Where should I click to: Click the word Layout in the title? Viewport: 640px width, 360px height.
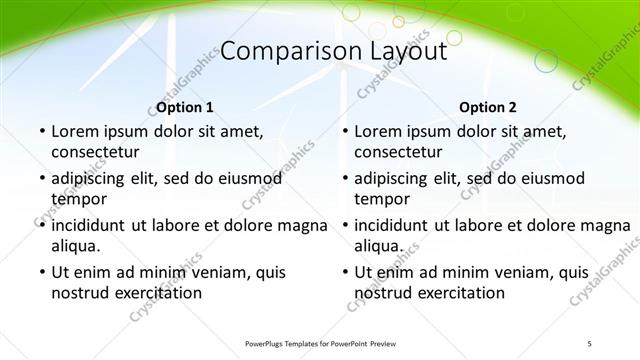[x=396, y=52]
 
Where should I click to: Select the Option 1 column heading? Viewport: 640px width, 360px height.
[x=185, y=107]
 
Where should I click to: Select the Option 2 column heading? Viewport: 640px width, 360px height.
[x=489, y=107]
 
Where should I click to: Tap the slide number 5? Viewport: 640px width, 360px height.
[x=589, y=343]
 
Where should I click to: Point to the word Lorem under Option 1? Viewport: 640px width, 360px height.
[x=74, y=131]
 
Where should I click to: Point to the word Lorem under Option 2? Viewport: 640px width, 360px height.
[x=378, y=131]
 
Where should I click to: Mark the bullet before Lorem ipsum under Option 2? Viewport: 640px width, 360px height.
[x=344, y=131]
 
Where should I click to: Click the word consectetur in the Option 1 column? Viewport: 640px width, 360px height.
[x=94, y=151]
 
